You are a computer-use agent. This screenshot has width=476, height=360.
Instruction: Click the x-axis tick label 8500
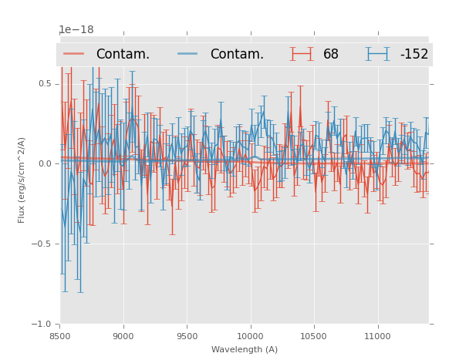click(60, 336)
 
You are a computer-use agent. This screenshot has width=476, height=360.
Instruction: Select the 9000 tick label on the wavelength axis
click(123, 336)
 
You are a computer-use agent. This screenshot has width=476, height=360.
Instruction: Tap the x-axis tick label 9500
click(187, 336)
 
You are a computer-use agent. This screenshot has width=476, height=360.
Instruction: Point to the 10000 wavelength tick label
click(250, 336)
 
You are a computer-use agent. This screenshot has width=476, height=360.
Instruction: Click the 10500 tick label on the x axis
click(314, 336)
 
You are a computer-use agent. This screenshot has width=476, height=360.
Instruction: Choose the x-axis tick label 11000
click(377, 336)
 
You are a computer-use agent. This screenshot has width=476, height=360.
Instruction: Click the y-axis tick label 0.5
click(46, 84)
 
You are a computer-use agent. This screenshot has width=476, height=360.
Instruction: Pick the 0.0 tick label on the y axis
click(46, 164)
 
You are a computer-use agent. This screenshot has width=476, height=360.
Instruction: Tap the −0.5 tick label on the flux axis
click(43, 244)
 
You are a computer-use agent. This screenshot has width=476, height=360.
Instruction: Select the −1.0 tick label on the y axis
click(43, 325)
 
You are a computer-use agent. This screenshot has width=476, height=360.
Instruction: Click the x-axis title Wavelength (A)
click(245, 349)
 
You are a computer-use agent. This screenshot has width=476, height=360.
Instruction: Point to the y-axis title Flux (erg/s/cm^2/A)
click(22, 180)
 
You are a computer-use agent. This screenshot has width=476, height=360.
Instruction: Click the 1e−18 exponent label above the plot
click(76, 30)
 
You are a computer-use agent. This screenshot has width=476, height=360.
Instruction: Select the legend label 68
click(330, 55)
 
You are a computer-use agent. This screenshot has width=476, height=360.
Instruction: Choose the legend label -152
click(414, 55)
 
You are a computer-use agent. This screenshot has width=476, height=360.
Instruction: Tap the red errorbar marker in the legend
click(302, 54)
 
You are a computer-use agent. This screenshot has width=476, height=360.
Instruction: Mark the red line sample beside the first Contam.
click(74, 54)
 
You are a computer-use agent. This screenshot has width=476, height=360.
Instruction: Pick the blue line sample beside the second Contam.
click(188, 54)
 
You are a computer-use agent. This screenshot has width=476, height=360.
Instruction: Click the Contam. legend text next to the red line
click(123, 55)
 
